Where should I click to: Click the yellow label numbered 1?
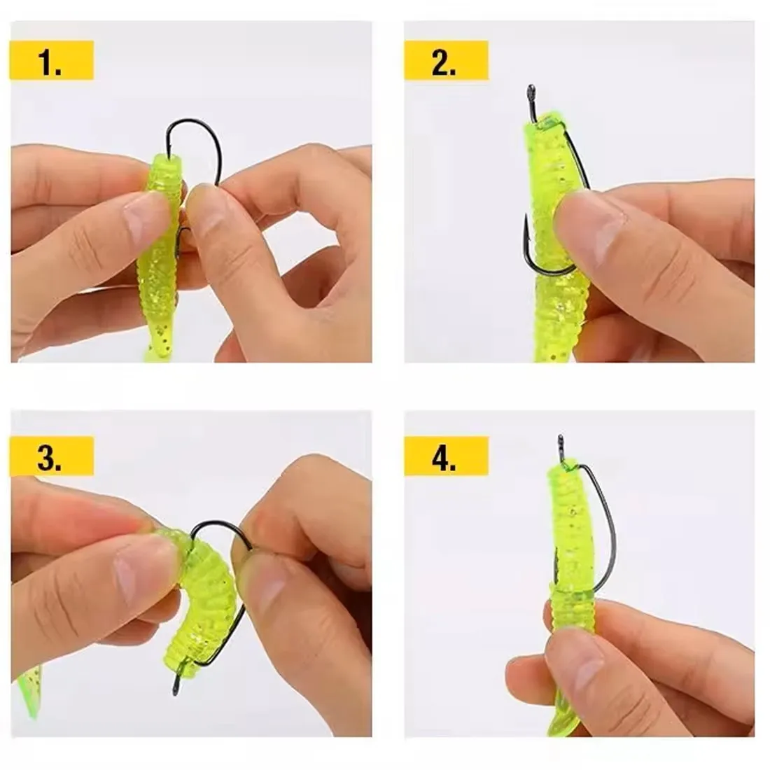point(52,60)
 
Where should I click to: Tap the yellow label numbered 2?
point(446,60)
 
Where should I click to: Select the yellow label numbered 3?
point(52,456)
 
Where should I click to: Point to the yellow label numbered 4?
point(446,456)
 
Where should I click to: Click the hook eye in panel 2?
point(531,91)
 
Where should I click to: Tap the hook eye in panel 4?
point(561,440)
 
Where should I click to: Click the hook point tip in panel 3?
point(175,693)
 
